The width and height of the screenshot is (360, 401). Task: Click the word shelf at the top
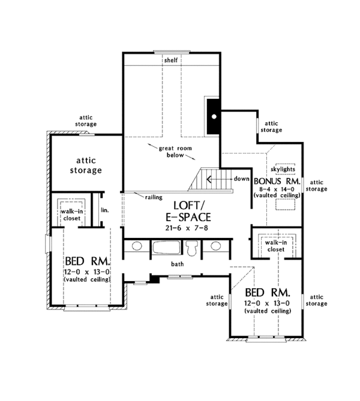click(x=171, y=60)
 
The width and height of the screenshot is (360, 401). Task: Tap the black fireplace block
click(x=213, y=115)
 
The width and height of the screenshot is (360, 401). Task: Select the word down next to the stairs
click(x=241, y=179)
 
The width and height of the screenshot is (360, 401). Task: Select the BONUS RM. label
click(x=277, y=180)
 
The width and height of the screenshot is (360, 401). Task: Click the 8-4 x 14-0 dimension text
click(x=277, y=189)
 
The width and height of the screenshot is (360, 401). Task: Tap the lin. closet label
click(x=104, y=210)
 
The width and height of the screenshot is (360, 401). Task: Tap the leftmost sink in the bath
click(x=136, y=246)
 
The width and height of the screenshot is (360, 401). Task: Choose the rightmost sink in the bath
click(x=216, y=246)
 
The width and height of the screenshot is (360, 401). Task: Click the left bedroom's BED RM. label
click(x=86, y=263)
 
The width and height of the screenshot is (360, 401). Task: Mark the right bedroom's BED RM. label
click(x=268, y=293)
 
